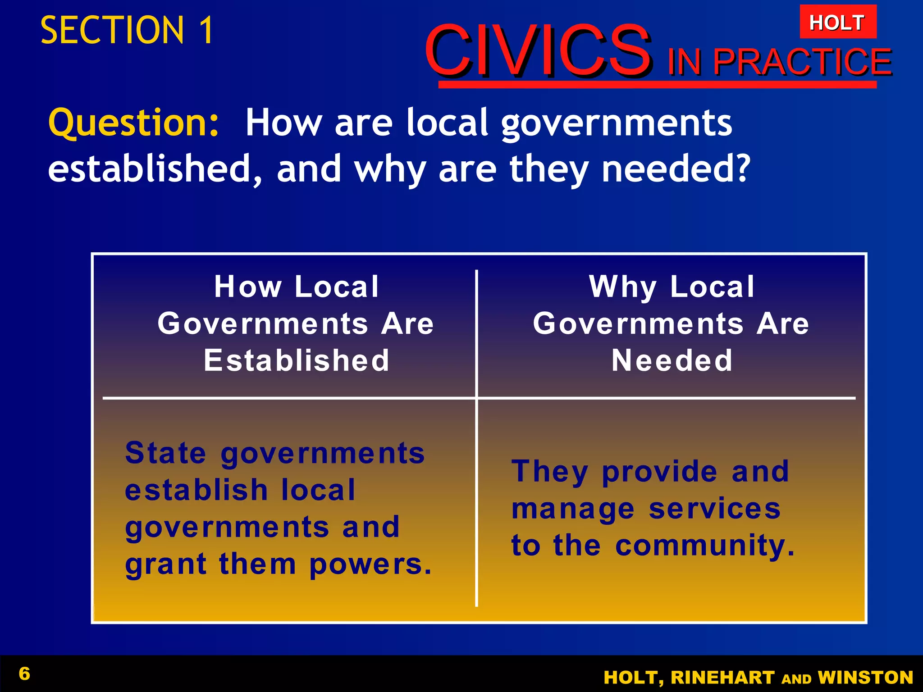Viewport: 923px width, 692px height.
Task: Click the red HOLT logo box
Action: pos(837,22)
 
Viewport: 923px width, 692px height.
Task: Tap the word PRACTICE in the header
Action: pos(802,62)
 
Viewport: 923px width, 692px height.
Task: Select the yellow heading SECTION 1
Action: pos(127,30)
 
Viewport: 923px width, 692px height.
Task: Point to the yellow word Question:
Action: pos(133,123)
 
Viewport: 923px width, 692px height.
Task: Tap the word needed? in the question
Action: pos(676,168)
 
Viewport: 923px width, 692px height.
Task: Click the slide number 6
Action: pos(24,674)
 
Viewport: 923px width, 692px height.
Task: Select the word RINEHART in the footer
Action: pos(722,678)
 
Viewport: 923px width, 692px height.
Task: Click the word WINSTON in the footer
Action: pos(865,678)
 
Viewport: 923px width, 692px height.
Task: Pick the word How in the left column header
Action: pos(248,287)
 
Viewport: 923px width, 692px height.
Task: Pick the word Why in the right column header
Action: pos(623,287)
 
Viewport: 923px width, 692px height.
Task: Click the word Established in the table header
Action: pos(296,360)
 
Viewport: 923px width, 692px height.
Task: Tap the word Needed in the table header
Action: pos(672,360)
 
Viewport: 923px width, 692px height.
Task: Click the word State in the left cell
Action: pos(165,453)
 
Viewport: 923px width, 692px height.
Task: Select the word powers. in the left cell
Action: pos(370,565)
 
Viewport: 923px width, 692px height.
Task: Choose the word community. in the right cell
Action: pos(704,546)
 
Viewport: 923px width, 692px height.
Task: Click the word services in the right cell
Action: pos(714,509)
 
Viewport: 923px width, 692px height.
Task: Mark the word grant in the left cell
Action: pos(165,565)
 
